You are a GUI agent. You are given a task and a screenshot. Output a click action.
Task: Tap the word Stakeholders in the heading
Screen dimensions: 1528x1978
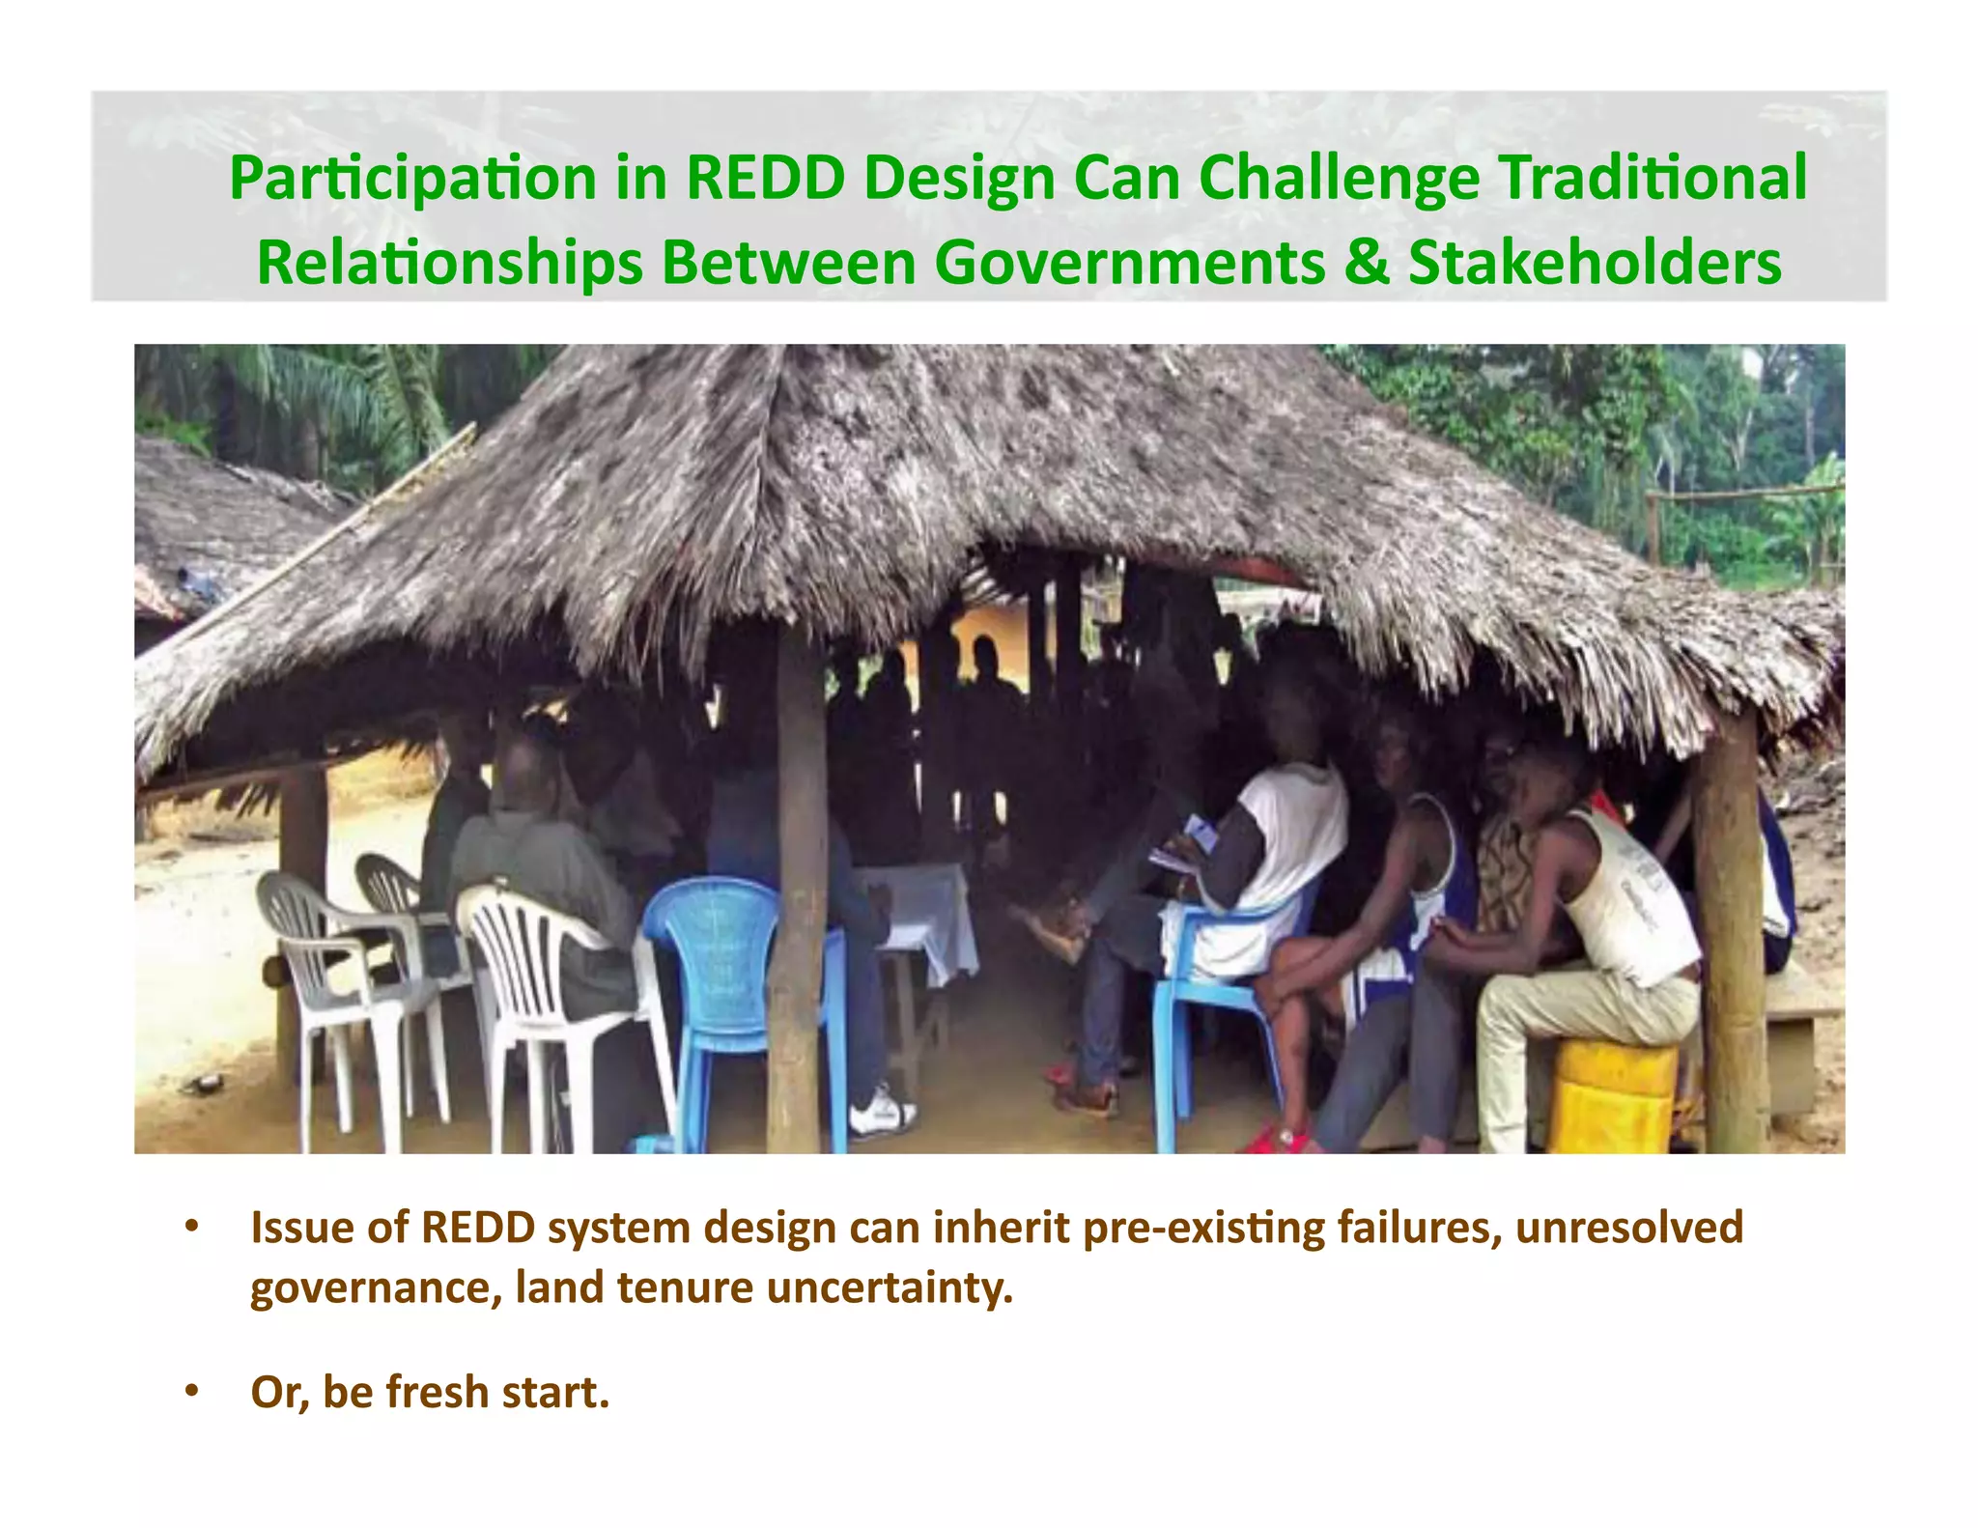(x=1595, y=263)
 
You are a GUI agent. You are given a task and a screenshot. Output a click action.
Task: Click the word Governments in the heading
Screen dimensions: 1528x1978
(x=1130, y=263)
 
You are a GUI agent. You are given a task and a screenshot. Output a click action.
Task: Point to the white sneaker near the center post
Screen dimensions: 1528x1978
(x=881, y=1112)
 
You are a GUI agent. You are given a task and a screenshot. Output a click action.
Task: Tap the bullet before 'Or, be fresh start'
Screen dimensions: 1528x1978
(x=192, y=1391)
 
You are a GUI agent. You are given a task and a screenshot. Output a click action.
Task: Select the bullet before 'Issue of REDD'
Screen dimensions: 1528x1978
(x=192, y=1227)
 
